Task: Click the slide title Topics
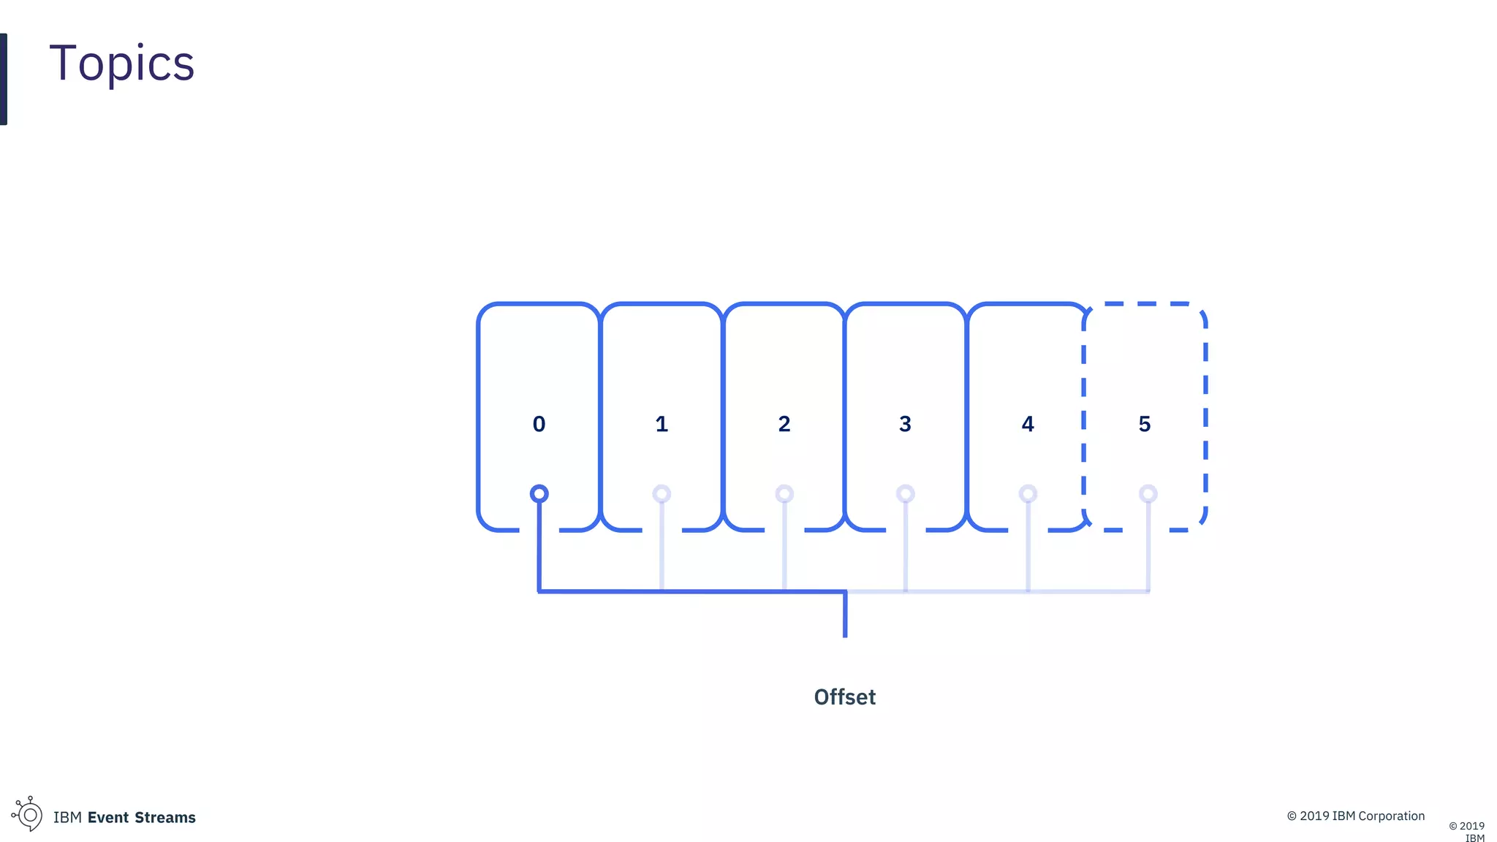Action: pos(122,64)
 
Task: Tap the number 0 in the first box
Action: pos(539,424)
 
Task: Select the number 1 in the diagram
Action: pos(662,424)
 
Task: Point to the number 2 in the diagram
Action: pos(784,424)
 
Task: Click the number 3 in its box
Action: pos(905,424)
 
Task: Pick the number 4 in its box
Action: pos(1028,424)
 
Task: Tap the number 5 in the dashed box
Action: pos(1145,424)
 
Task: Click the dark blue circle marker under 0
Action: pos(539,494)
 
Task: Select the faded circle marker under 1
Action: pos(662,494)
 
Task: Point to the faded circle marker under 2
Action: pos(784,494)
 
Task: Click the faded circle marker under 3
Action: pos(906,494)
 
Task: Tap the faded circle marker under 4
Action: pos(1028,494)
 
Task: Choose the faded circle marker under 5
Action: pos(1148,494)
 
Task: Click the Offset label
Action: pos(844,697)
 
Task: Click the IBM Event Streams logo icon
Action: pos(28,814)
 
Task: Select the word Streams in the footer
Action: pos(165,817)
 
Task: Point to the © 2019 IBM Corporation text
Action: pos(1355,816)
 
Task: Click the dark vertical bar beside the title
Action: pos(4,79)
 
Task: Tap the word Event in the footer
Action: pos(108,817)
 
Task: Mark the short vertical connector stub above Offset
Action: pos(845,615)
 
